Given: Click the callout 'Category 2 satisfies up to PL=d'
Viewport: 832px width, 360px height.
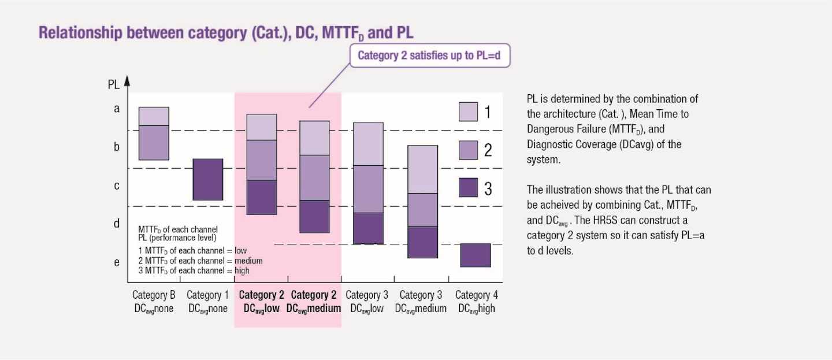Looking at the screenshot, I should point(430,55).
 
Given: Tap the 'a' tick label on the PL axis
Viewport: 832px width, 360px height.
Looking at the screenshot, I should point(117,109).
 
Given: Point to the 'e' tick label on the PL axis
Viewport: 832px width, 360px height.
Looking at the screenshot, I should point(117,262).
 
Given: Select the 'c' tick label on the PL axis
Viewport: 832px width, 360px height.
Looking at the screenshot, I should point(117,185).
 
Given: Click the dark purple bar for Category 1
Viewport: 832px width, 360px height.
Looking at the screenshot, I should point(208,179).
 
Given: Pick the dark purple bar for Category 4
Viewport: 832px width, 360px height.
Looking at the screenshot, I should point(476,255).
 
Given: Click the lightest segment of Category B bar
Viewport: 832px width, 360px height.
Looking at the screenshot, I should point(154,116).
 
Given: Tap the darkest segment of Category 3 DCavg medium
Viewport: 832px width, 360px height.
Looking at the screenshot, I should point(423,242).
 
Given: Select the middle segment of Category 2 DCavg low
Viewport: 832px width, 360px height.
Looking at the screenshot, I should point(262,160).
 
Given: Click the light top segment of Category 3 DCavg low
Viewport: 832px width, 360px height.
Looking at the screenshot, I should point(368,144).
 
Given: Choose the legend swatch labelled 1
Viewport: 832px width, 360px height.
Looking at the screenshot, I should point(469,112).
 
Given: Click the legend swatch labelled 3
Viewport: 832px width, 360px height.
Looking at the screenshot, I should point(469,187).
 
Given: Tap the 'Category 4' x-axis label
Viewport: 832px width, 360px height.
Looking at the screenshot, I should point(477,295).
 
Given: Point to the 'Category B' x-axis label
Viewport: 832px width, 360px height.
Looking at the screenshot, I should point(154,295).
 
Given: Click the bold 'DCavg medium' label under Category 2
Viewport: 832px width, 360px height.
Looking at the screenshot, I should point(314,309).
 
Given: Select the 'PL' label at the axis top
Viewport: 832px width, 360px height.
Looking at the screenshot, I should point(114,84).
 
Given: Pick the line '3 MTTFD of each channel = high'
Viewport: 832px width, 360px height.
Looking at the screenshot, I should point(194,270).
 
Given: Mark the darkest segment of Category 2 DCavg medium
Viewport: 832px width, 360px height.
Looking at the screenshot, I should point(315,216).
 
